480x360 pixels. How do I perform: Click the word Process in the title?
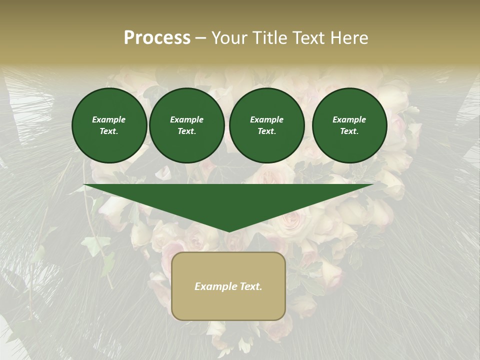coord(157,38)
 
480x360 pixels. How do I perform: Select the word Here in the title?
coord(349,38)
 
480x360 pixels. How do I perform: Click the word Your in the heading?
coord(229,38)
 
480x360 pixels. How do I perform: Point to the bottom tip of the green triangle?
coord(229,231)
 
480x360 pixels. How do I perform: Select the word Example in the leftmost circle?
coord(109,119)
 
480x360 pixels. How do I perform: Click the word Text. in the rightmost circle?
coord(349,131)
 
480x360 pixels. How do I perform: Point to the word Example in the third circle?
coord(266,119)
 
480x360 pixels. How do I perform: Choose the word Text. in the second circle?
coord(186,131)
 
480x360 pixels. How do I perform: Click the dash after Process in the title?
coord(201,38)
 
